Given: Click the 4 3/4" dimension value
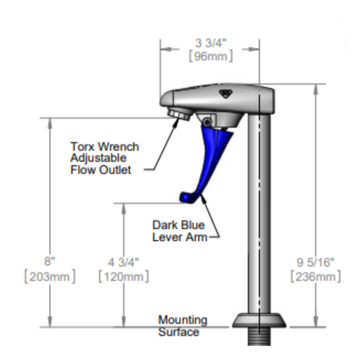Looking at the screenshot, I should [x=123, y=261].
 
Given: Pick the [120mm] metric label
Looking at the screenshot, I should [x=123, y=276].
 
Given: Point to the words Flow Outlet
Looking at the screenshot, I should [x=101, y=170].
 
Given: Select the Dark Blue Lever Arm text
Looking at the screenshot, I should [x=179, y=230].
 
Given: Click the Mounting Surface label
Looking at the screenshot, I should [x=182, y=326].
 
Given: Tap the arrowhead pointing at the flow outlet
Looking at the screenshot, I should [x=174, y=122].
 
